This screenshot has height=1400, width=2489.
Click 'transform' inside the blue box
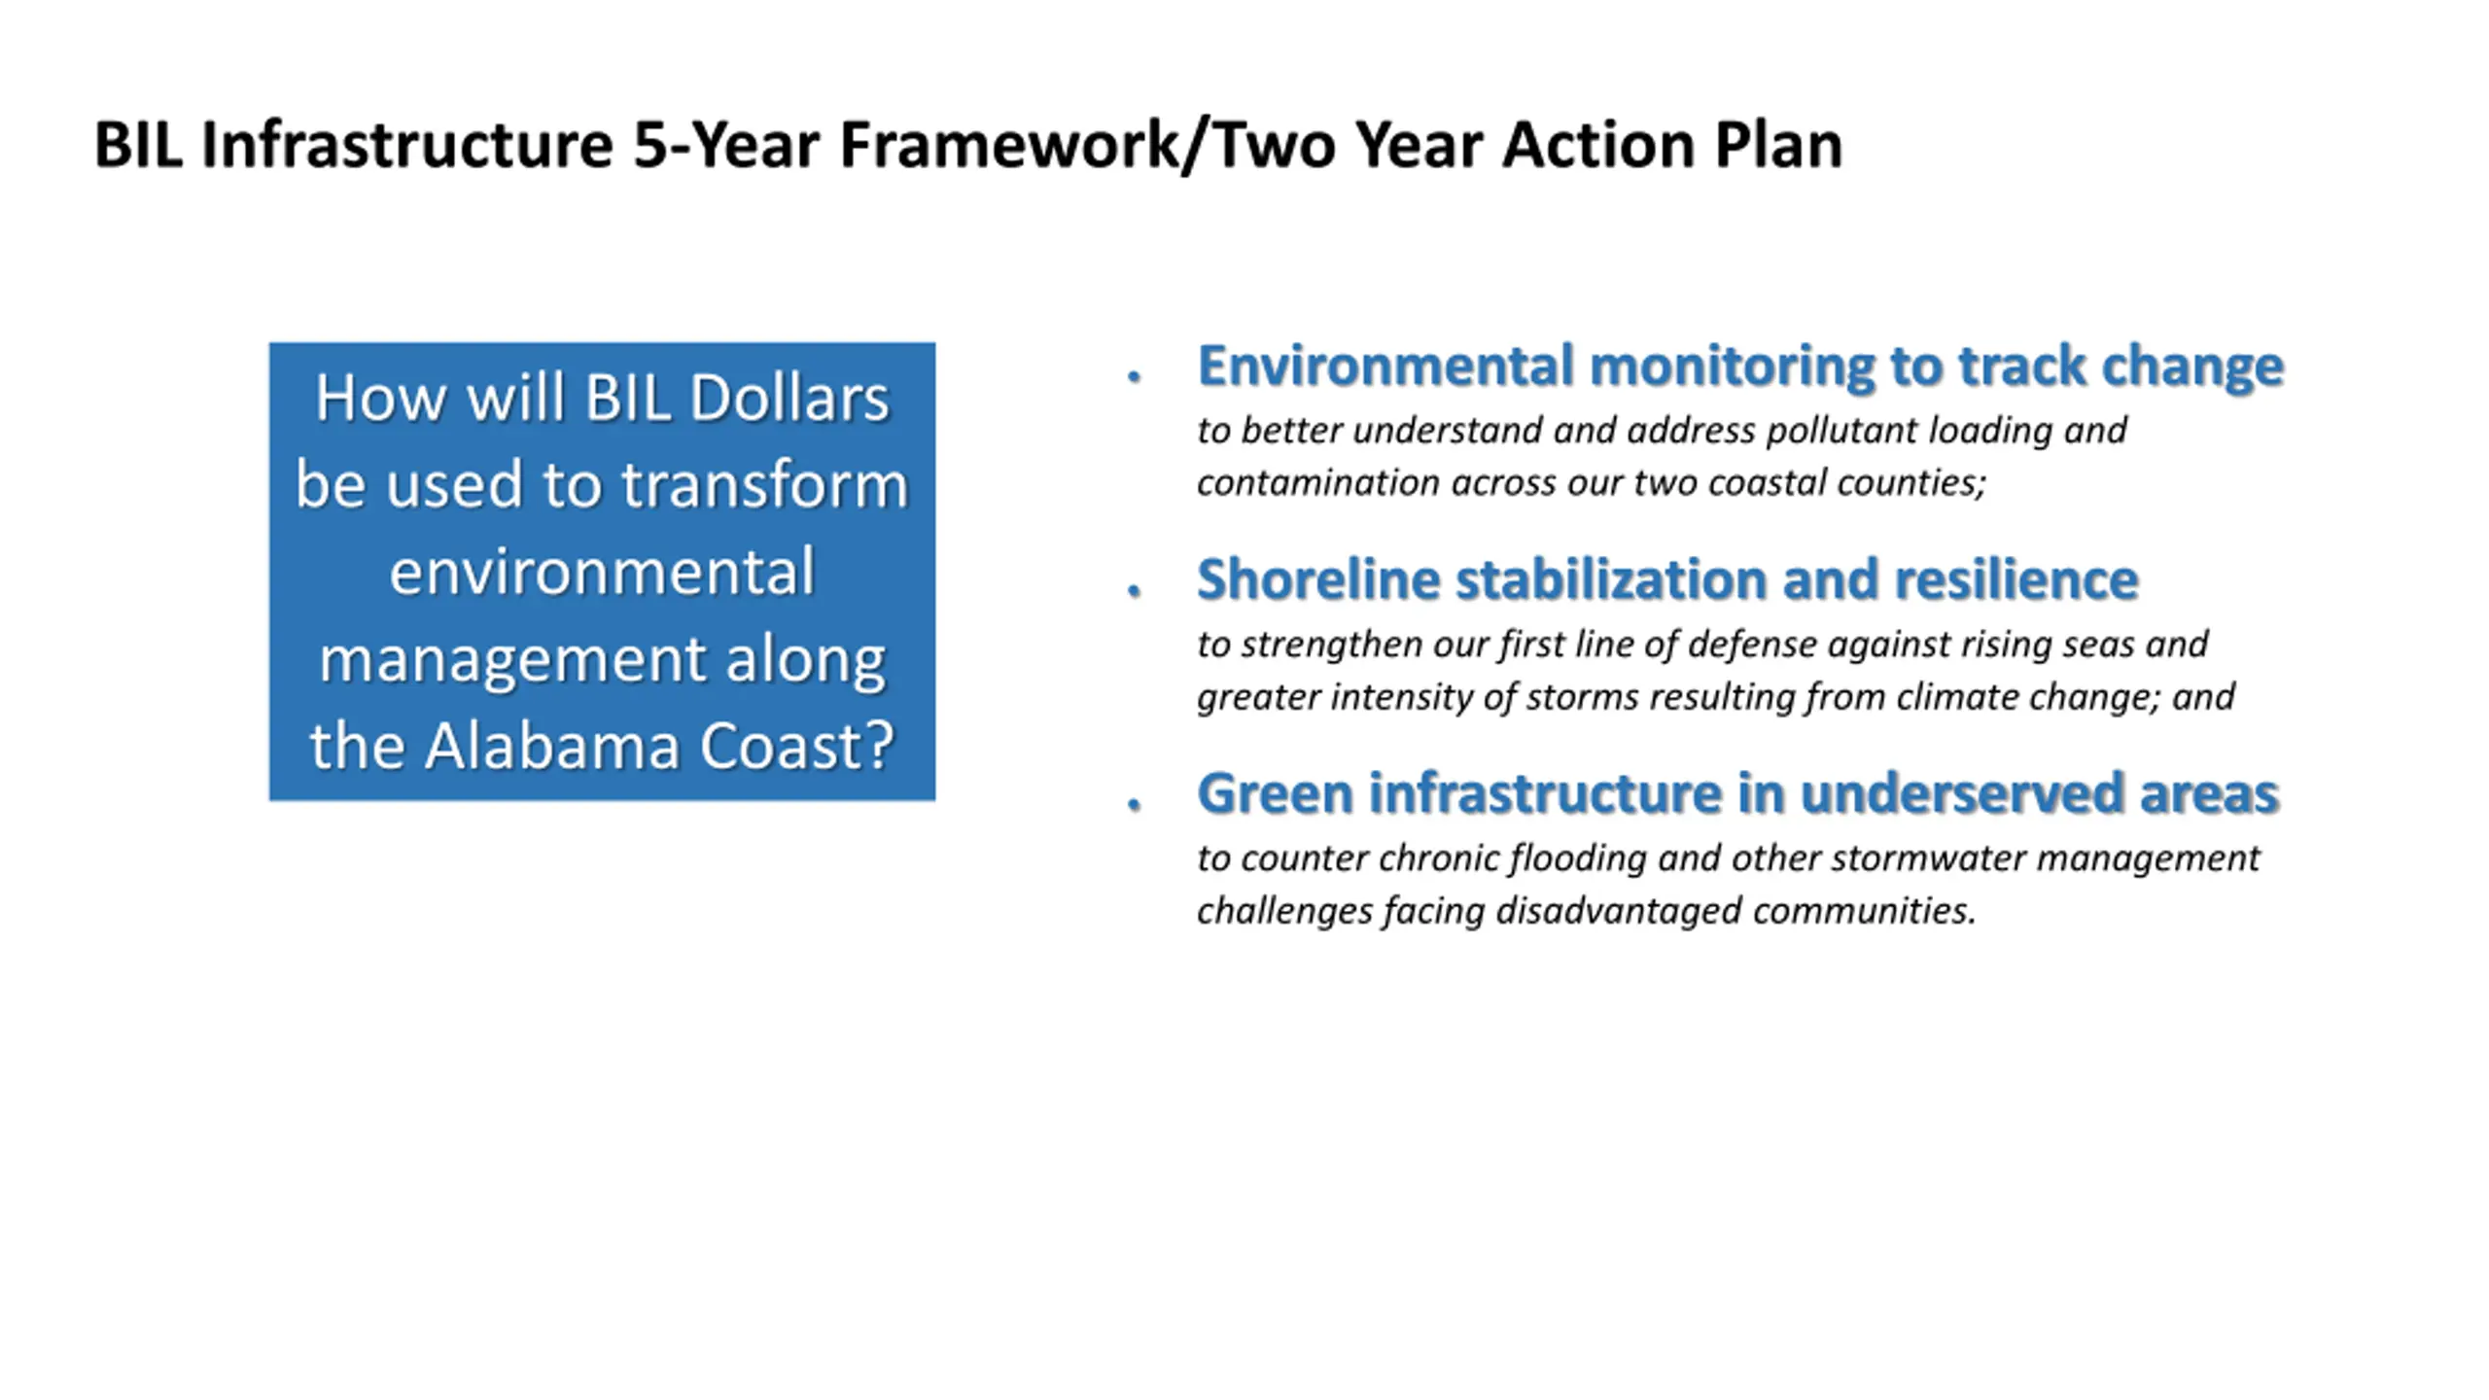tap(764, 485)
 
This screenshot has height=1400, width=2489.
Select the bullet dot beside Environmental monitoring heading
tap(1134, 377)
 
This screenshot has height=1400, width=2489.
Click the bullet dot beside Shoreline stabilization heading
tap(1134, 590)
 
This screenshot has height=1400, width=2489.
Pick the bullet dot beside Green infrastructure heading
tap(1134, 804)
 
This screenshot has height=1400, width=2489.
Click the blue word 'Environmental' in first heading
tap(1385, 367)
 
